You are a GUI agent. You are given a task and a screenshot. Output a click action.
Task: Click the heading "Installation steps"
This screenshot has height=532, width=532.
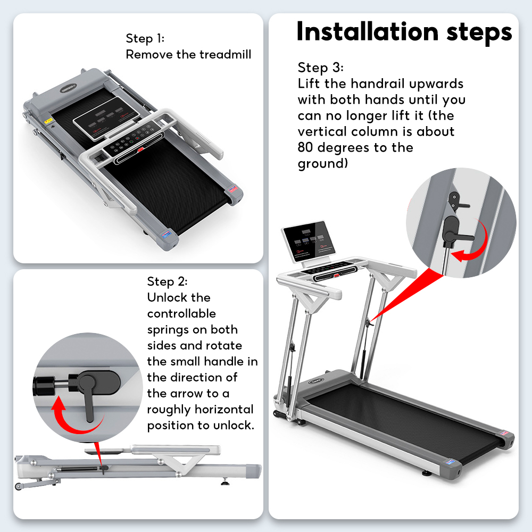(404, 31)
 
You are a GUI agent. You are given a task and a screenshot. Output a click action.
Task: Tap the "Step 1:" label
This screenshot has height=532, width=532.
(145, 38)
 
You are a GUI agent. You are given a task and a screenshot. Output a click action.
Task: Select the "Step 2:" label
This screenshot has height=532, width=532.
(167, 281)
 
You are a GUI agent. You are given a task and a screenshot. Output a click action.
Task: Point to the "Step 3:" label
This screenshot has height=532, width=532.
(321, 68)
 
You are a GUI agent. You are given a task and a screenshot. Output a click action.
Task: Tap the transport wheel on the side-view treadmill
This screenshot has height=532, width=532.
(19, 485)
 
